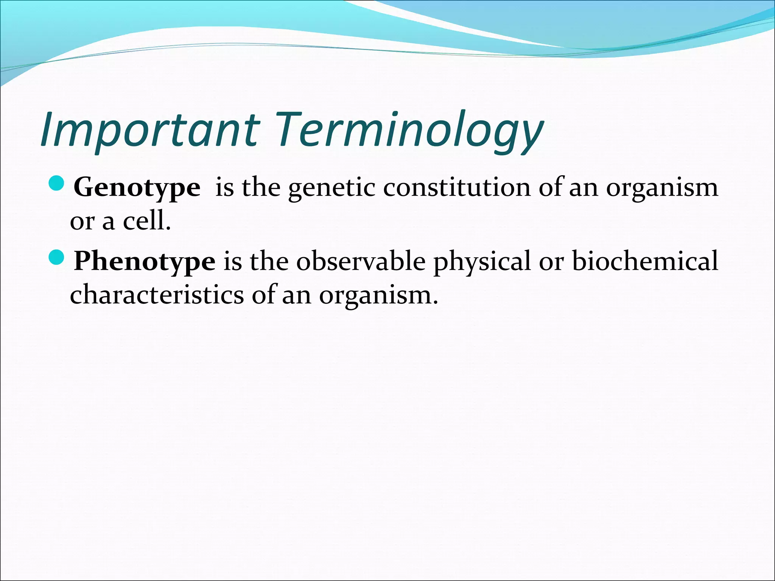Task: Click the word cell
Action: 146,221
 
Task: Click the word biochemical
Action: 645,261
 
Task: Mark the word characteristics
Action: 157,295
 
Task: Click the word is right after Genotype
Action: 224,187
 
